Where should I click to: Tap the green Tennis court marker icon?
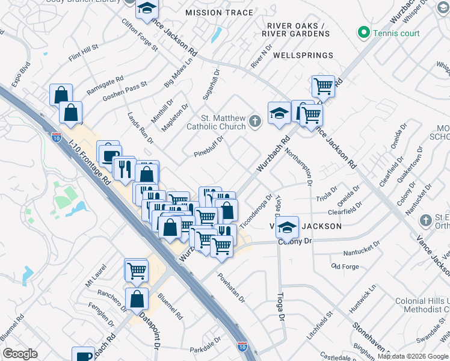[x=363, y=32]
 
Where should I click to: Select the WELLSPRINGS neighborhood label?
[x=303, y=55]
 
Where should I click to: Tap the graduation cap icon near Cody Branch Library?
[x=146, y=9]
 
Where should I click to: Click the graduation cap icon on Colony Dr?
[x=288, y=227]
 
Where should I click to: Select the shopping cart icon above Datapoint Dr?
[x=137, y=270]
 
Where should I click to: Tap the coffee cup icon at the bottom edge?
[x=83, y=356]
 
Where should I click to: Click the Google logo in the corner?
[x=20, y=354]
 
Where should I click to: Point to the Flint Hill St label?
[x=83, y=53]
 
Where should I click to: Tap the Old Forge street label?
[x=345, y=266]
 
